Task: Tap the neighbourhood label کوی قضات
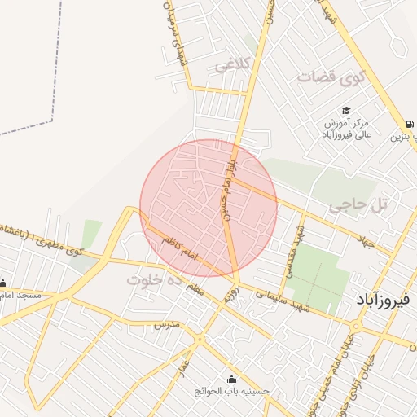329,78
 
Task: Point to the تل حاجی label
356,206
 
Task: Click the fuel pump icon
407,124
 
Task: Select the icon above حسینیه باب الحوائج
231,379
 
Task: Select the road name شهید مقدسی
292,248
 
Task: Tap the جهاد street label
364,235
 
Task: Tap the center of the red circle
208,208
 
